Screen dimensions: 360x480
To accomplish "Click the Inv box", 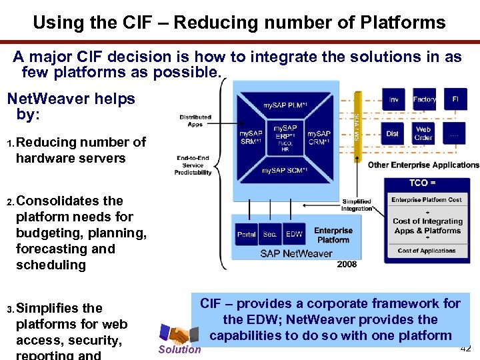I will coord(393,99).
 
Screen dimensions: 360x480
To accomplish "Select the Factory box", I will coord(424,99).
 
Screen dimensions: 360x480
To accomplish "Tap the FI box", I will coord(455,99).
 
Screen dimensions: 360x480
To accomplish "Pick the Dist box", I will coord(393,133).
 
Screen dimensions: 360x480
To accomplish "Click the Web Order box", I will coord(424,133).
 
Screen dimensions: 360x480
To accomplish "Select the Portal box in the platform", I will coord(247,234).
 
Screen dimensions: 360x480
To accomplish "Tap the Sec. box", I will coord(270,234).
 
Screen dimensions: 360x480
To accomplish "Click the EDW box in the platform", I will coord(294,234).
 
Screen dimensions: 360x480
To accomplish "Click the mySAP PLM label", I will coord(285,105).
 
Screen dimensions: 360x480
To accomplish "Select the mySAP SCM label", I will coord(285,171).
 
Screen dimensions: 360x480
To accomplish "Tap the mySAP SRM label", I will coord(251,138).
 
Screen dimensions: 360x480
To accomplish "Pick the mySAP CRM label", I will coord(319,138).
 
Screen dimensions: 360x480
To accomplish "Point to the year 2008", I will coord(347,264).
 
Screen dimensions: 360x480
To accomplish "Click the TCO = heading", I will coord(423,183).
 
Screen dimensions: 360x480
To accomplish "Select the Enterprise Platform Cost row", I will coord(426,200).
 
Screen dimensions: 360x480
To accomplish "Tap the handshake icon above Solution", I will coord(177,334).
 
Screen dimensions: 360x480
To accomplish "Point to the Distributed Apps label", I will coord(195,121).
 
